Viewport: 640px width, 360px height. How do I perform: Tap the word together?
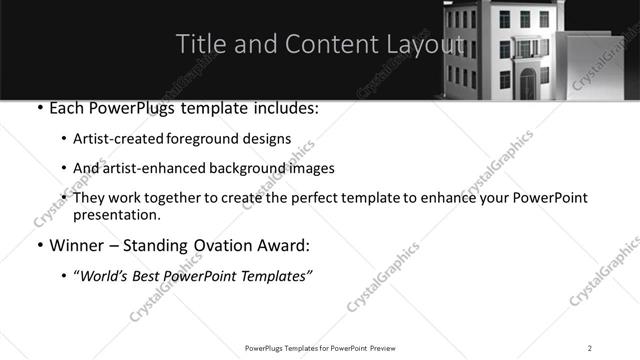coord(174,198)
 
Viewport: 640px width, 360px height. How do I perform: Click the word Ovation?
coord(226,245)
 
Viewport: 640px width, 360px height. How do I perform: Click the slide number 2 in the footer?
coord(590,348)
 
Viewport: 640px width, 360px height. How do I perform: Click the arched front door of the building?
coord(527,84)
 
